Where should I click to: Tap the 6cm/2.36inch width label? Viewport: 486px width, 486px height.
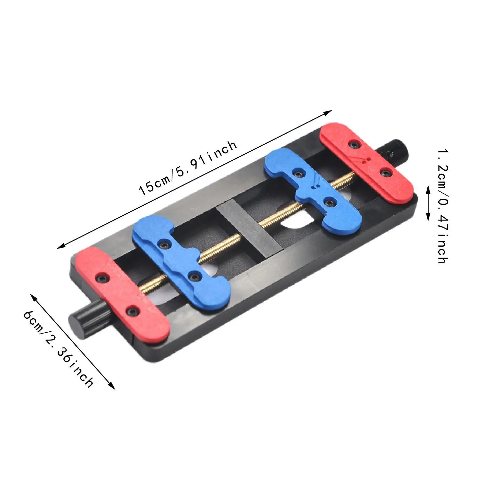tap(58, 348)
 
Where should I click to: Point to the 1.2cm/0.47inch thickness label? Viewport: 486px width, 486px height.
tap(443, 206)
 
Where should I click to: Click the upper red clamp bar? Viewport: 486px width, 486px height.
tap(367, 163)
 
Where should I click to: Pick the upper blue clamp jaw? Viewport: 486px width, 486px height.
tap(313, 187)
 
